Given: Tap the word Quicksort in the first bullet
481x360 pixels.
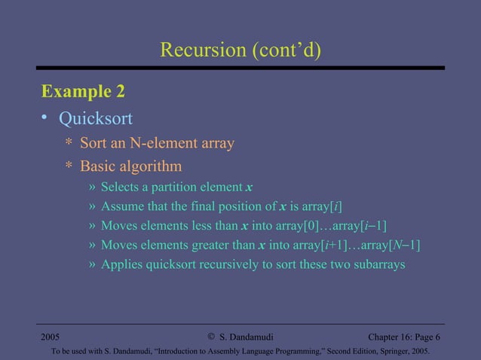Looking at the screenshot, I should [x=96, y=118].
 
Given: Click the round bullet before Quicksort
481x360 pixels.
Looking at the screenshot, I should [x=45, y=118].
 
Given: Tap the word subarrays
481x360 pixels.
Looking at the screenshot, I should [x=378, y=265].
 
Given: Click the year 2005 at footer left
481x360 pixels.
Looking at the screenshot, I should [x=51, y=336].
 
